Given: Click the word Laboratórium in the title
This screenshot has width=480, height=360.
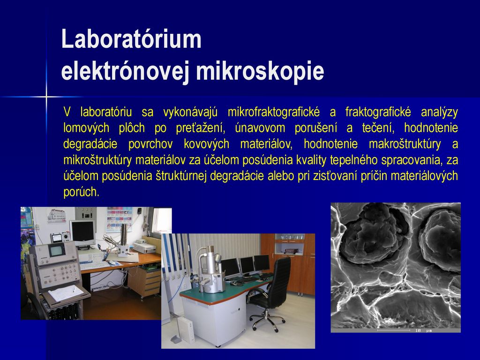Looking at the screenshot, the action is pyautogui.click(x=131, y=38).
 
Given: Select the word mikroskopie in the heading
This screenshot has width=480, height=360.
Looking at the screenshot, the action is pyautogui.click(x=260, y=71).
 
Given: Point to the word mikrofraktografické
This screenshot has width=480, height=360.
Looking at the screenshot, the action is pyautogui.click(x=274, y=112).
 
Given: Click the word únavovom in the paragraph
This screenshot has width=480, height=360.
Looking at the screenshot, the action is pyautogui.click(x=260, y=127).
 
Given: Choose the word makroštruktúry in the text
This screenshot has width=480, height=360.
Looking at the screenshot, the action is pyautogui.click(x=405, y=144).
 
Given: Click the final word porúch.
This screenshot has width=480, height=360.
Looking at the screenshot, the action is pyautogui.click(x=82, y=192).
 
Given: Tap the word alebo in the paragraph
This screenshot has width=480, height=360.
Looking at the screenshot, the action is pyautogui.click(x=281, y=176).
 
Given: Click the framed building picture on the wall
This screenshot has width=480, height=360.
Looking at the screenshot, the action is pyautogui.click(x=57, y=216).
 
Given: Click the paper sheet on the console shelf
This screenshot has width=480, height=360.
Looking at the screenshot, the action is pyautogui.click(x=66, y=293).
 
